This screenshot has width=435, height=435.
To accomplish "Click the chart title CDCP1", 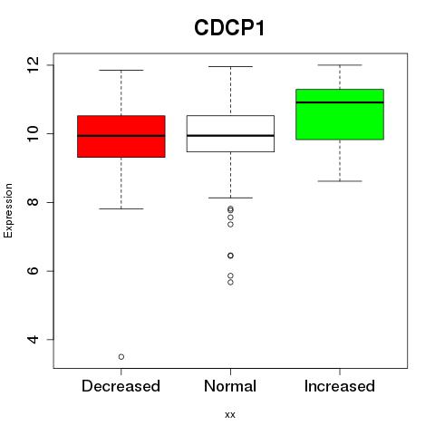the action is [229, 28].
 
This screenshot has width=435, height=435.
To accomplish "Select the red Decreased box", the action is [121, 136].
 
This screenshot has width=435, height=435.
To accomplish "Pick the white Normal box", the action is [230, 133].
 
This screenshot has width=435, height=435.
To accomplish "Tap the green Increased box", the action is [340, 114].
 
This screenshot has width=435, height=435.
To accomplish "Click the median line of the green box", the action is [340, 102].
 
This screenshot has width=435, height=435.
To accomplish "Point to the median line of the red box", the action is [121, 136].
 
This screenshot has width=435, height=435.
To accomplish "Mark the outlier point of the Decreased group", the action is [121, 357].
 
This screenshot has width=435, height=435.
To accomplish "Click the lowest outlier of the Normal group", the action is [230, 283].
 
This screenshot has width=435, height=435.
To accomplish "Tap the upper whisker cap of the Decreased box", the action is [121, 70].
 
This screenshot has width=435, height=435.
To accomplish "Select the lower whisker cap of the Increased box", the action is [340, 181].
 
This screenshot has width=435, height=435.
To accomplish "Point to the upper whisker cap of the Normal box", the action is [230, 66].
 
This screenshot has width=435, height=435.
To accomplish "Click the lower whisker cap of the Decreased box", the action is [121, 208].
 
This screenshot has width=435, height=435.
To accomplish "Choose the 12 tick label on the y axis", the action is [34, 64].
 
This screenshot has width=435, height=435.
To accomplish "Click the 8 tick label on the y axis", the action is [34, 202].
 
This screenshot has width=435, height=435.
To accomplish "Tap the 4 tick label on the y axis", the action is [34, 340].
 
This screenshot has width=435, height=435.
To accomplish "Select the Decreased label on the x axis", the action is [121, 386].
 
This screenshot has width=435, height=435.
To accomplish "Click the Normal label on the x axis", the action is [230, 386].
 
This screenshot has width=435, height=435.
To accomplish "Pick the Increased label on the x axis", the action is [340, 386].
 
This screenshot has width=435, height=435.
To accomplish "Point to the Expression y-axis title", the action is [8, 210].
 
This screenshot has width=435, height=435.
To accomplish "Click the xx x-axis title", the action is [230, 415].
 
